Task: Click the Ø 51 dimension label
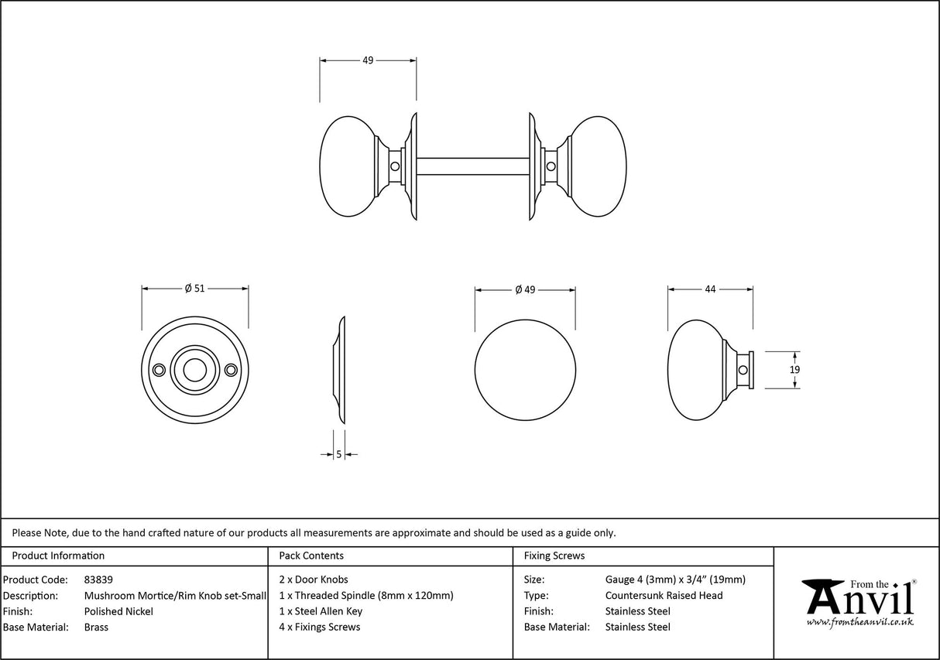pyautogui.click(x=194, y=289)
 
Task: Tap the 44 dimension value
pyautogui.click(x=710, y=289)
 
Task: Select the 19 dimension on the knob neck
pyautogui.click(x=794, y=370)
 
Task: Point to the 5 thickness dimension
pyautogui.click(x=339, y=455)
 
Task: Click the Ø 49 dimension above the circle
pyautogui.click(x=525, y=289)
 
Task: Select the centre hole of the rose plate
pyautogui.click(x=194, y=371)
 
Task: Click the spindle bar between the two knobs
pyautogui.click(x=472, y=166)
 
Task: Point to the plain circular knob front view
pyautogui.click(x=525, y=370)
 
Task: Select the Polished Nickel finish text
pyautogui.click(x=118, y=611)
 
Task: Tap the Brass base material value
pyautogui.click(x=96, y=628)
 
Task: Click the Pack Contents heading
pyautogui.click(x=311, y=556)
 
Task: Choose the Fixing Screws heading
pyautogui.click(x=554, y=556)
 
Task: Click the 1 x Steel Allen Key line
pyautogui.click(x=321, y=611)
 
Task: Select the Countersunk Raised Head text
pyautogui.click(x=664, y=595)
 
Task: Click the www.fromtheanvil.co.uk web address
pyautogui.click(x=859, y=622)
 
